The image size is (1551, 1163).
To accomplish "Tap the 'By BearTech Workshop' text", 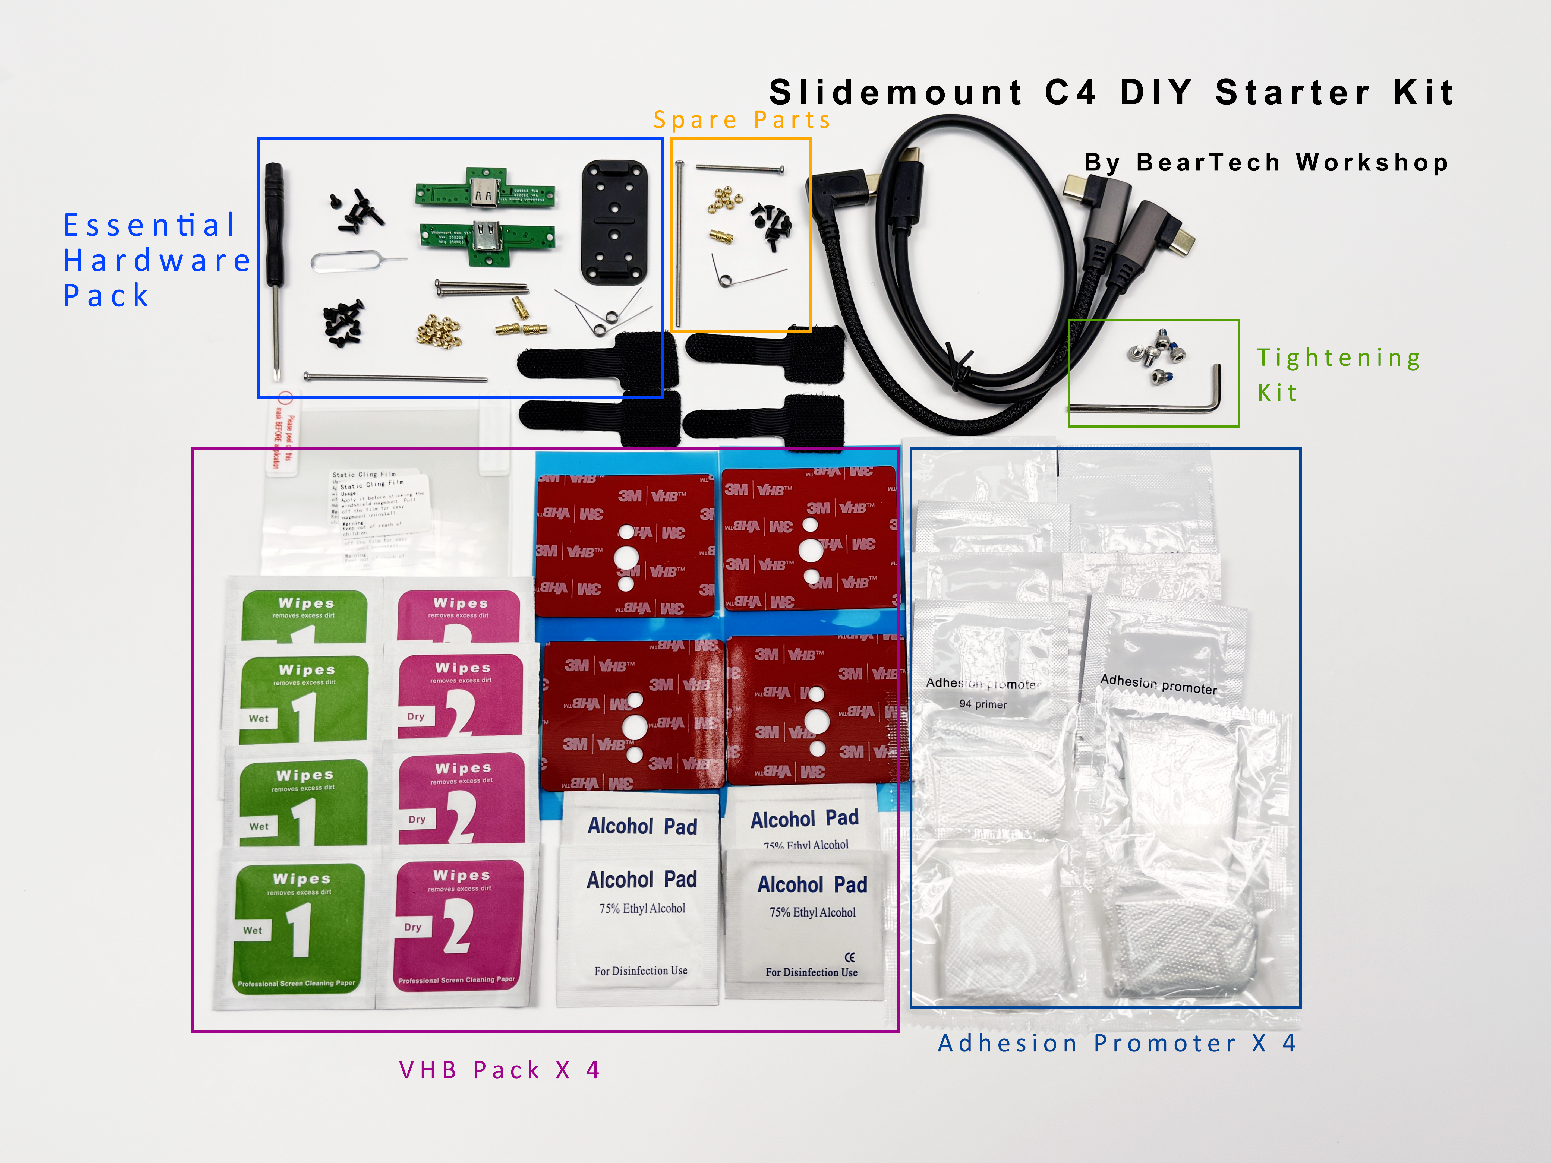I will pyautogui.click(x=1266, y=163).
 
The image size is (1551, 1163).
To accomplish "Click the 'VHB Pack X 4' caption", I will pyautogui.click(x=499, y=1070).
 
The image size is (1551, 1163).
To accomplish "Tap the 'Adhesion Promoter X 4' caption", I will pyautogui.click(x=1117, y=1043).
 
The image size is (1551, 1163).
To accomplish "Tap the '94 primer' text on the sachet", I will pyautogui.click(x=982, y=704).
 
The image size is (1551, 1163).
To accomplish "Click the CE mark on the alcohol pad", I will pyautogui.click(x=850, y=957).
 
